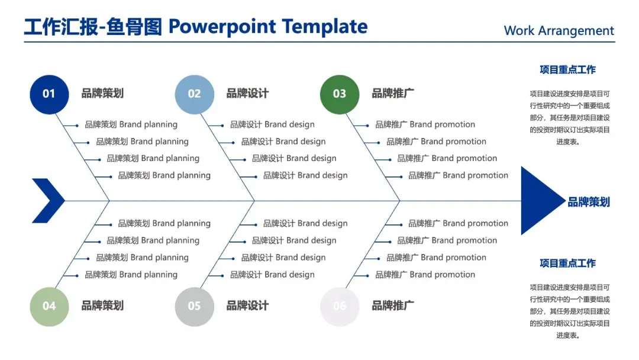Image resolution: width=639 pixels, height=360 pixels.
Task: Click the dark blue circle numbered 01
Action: [49, 94]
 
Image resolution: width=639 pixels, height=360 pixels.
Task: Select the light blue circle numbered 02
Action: [195, 94]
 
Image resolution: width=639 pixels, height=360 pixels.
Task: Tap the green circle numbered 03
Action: [340, 94]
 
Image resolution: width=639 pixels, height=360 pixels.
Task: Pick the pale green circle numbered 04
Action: [49, 306]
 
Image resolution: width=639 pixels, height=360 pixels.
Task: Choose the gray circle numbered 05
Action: [195, 306]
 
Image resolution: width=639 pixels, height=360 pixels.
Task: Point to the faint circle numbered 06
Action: [340, 306]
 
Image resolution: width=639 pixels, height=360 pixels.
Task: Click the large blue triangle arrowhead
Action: [538, 201]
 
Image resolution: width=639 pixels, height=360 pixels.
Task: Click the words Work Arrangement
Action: [559, 31]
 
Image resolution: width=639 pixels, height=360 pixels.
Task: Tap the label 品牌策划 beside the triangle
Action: [589, 202]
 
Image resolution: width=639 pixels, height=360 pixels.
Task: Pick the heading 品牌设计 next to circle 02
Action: [247, 94]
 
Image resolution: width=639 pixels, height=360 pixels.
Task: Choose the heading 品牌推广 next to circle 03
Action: [393, 94]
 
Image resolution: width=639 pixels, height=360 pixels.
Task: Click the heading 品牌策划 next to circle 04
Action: [102, 306]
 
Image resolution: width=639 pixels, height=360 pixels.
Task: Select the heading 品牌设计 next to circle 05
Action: [247, 306]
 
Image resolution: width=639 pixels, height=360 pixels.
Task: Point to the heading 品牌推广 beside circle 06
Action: [393, 306]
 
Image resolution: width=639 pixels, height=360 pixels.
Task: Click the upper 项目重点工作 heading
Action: [567, 70]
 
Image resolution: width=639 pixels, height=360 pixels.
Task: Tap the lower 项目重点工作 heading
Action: [567, 263]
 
